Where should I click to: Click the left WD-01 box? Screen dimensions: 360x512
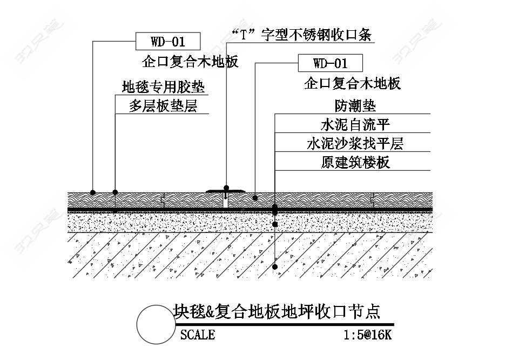167,42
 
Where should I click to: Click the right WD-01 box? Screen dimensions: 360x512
331,63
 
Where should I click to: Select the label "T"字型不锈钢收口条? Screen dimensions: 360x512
301,35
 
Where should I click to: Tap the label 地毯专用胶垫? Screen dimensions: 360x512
164,87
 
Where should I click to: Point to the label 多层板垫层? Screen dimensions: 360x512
163,106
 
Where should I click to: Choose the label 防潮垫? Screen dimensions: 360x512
355,105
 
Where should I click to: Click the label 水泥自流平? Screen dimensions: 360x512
355,125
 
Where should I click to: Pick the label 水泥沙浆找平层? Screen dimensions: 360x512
355,144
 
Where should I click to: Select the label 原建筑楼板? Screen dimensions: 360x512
355,162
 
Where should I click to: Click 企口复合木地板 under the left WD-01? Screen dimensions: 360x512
190,62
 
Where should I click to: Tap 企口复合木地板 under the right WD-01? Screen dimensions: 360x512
352,83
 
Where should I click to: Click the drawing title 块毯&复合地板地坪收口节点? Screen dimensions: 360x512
277,312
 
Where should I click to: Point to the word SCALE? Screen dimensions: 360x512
198,335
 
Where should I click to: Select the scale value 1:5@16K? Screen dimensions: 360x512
367,335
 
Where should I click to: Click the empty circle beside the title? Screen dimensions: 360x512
154,324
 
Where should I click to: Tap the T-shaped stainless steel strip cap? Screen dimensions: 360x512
226,190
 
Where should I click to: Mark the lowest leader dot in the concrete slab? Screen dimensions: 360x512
275,266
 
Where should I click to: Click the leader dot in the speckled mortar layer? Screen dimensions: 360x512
275,224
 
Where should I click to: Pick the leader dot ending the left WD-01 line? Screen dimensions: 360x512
93,192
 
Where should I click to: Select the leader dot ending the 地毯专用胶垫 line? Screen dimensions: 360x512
115,192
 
